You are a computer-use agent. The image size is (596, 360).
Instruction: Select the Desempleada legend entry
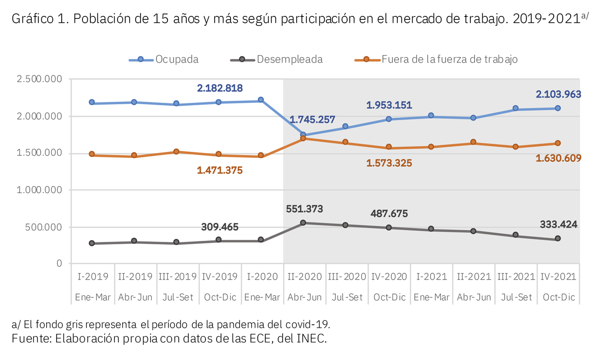click(277, 59)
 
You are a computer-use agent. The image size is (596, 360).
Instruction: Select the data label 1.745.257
click(312, 120)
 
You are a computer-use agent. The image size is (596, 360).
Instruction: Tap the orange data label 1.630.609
click(558, 158)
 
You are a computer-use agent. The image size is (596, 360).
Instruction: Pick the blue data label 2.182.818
click(220, 88)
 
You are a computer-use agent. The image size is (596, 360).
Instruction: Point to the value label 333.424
click(558, 224)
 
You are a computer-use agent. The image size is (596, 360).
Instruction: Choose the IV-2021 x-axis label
click(558, 277)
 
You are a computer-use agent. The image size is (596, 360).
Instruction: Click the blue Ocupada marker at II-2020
click(303, 135)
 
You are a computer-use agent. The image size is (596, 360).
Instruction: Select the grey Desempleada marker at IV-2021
click(558, 238)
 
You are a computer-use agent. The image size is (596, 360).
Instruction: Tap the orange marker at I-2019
click(92, 154)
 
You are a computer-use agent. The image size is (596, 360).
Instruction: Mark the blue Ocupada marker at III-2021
click(516, 108)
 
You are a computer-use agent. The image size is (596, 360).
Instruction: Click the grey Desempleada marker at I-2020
click(261, 240)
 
